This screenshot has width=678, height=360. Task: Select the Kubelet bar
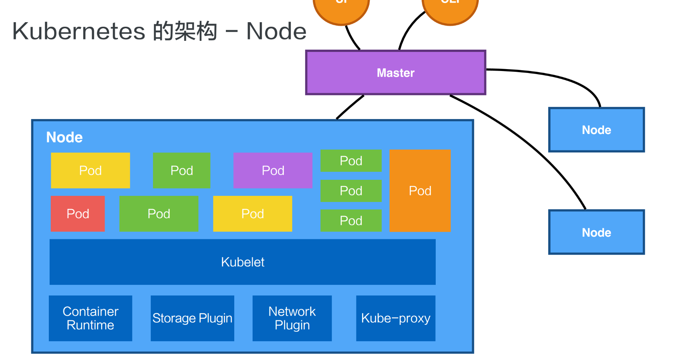coord(242,262)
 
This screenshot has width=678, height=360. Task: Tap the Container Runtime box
coord(90,318)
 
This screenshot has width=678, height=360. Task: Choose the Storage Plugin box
coord(192,318)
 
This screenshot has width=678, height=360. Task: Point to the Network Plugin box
coord(292,318)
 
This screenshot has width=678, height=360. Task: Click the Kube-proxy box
coord(396,318)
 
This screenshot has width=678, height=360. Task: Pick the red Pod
coord(78,214)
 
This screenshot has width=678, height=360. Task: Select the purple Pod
coord(273,170)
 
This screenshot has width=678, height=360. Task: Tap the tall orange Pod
coord(420,190)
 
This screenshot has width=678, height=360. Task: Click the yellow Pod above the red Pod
coord(90,170)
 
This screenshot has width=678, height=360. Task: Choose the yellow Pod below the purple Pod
coord(253,214)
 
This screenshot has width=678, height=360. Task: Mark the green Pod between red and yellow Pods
coord(159,214)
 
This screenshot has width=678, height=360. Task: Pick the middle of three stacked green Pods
coord(351,191)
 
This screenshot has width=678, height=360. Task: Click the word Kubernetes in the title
coord(79,31)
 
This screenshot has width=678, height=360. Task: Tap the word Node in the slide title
coord(276,31)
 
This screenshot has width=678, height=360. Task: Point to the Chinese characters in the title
coord(185,31)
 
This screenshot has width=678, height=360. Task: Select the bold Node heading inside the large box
coord(64,137)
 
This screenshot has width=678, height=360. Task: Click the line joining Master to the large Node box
coord(350,107)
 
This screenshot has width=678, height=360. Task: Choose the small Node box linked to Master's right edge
coord(596,130)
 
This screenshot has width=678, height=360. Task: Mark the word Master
coord(396,73)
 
